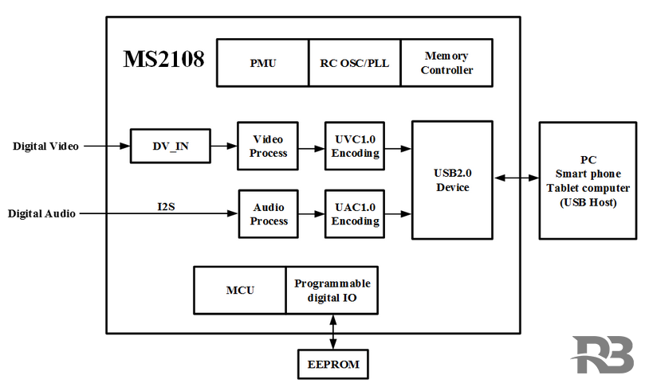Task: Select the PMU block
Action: tap(262, 62)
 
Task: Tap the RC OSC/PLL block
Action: tap(355, 62)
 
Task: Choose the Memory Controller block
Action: tap(446, 62)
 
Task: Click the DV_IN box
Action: tap(171, 146)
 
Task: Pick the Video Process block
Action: tap(268, 146)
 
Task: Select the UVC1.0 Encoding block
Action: tap(354, 146)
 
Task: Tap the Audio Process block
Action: tap(269, 214)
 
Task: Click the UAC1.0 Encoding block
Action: tap(354, 214)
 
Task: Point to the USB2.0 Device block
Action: tap(452, 180)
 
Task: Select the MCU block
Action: tap(240, 290)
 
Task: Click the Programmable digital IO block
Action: tap(332, 290)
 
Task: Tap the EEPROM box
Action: tap(333, 365)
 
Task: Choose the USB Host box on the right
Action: tap(588, 181)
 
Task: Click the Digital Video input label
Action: tap(45, 147)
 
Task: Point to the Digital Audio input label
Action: tap(41, 213)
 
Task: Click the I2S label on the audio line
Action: tap(167, 207)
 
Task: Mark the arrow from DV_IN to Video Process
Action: tap(224, 147)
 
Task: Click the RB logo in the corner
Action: tap(603, 355)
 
